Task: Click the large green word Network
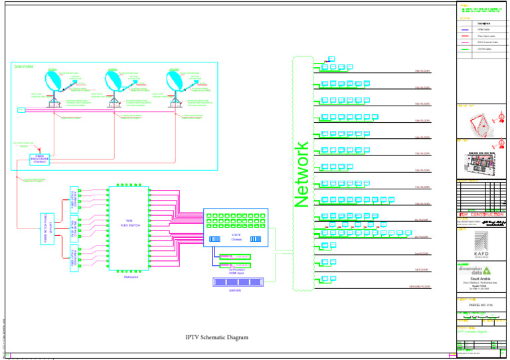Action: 301,174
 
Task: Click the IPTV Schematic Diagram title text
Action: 216,337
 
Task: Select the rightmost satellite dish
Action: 175,82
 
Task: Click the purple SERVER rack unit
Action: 237,282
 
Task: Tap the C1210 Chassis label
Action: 236,237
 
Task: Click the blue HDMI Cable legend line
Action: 465,30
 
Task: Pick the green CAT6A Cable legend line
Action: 465,49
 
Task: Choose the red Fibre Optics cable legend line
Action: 465,36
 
